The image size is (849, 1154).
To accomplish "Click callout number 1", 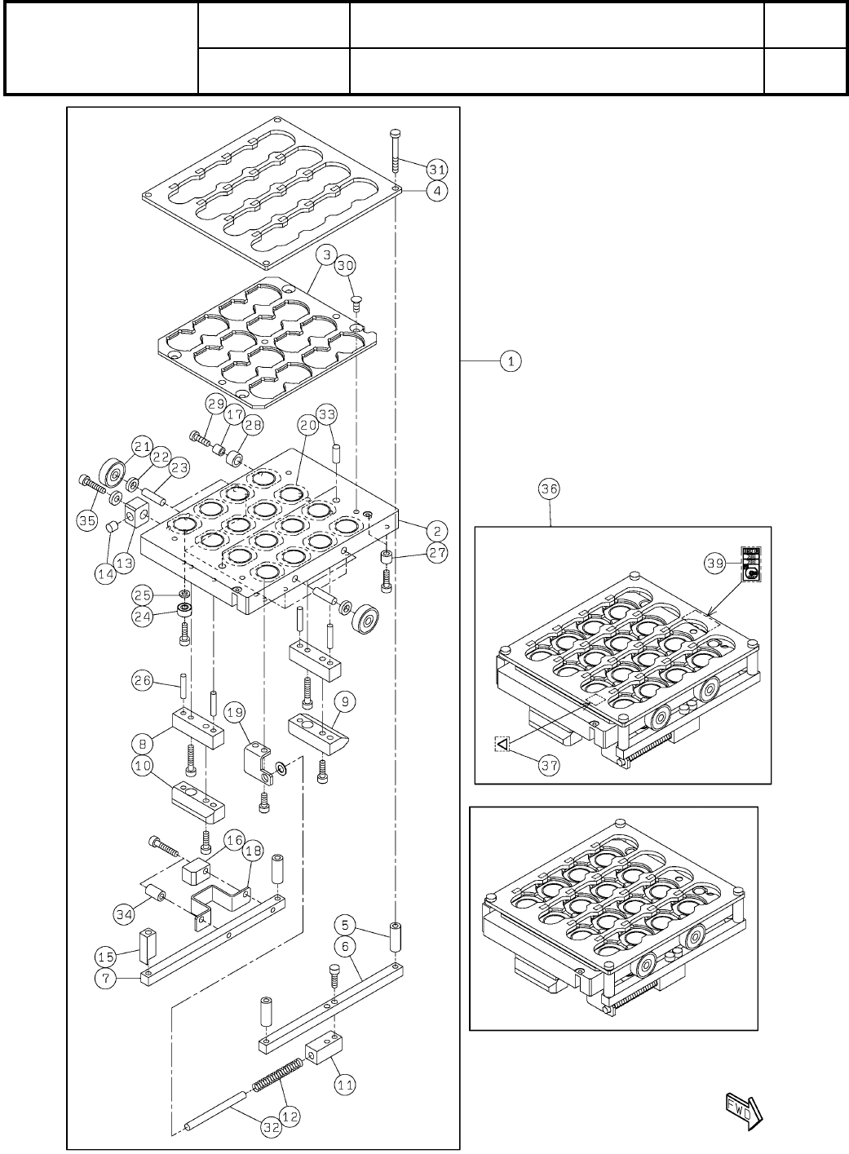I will (511, 360).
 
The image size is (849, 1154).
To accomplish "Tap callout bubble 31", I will (436, 170).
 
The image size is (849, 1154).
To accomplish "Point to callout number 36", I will (550, 489).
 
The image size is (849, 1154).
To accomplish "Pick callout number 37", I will (550, 767).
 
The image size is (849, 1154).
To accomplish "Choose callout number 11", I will (346, 1085).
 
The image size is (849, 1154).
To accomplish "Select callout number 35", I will (87, 520).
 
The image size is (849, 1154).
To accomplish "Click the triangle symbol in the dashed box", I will (502, 743).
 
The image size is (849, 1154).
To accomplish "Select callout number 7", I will (107, 978).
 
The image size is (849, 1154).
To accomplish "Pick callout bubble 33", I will (327, 415).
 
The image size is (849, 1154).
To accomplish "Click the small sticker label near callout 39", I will (751, 564).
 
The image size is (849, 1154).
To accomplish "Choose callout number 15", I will (107, 955).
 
